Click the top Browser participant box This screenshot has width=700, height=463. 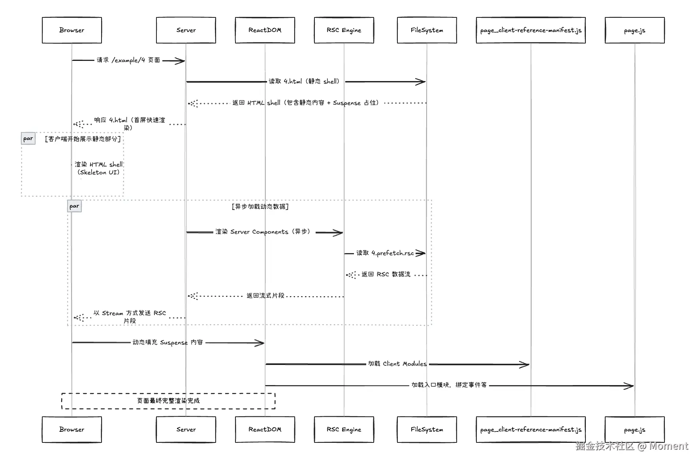pyautogui.click(x=72, y=30)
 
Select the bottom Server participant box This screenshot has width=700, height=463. pyautogui.click(x=186, y=429)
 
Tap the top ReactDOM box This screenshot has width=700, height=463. pyautogui.click(x=265, y=30)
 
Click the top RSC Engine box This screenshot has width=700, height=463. pyautogui.click(x=344, y=30)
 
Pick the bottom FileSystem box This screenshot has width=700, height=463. pyautogui.click(x=427, y=429)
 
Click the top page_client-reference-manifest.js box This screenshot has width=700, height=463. pyautogui.click(x=531, y=30)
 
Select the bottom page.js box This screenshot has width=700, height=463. pyautogui.click(x=634, y=429)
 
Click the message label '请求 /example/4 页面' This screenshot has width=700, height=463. pyautogui.click(x=128, y=60)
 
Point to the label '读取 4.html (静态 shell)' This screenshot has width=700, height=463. pyautogui.click(x=304, y=81)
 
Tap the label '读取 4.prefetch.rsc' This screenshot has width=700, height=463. pyautogui.click(x=385, y=253)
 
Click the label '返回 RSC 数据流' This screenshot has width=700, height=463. pyautogui.click(x=386, y=274)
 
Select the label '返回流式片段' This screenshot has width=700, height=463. pyautogui.click(x=265, y=296)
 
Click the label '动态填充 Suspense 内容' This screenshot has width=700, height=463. pyautogui.click(x=167, y=342)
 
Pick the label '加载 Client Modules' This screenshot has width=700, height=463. pyautogui.click(x=397, y=364)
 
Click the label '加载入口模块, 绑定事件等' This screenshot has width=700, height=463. pyautogui.click(x=449, y=385)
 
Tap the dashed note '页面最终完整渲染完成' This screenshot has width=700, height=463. pyautogui.click(x=168, y=401)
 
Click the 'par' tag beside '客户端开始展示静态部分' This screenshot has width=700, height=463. pyautogui.click(x=28, y=138)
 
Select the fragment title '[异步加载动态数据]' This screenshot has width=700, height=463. pyautogui.click(x=260, y=206)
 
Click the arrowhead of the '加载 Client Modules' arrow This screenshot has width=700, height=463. pyautogui.click(x=525, y=365)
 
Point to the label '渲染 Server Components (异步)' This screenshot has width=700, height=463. pyautogui.click(x=263, y=232)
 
